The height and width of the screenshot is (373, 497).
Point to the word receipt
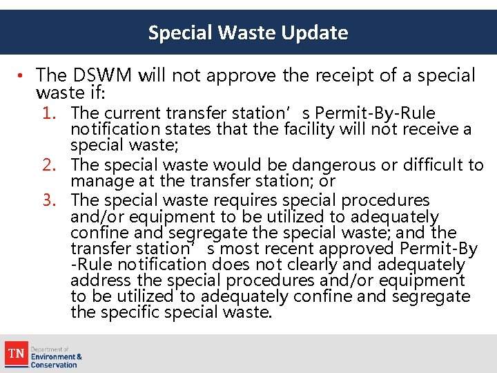[x=335, y=75]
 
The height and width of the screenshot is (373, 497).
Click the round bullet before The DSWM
[x=23, y=75]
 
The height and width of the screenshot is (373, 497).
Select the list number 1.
[x=50, y=113]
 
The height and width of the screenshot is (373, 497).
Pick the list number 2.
[x=50, y=165]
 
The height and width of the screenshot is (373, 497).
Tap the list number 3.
[x=50, y=200]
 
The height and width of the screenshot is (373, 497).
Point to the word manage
[x=96, y=181]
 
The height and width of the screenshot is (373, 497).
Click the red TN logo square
[x=15, y=354]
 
